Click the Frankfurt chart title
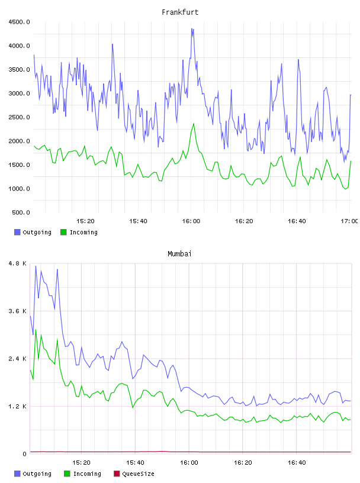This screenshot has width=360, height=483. (x=180, y=12)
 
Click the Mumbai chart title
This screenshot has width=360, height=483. (x=179, y=254)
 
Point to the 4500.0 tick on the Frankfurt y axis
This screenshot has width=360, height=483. (x=20, y=22)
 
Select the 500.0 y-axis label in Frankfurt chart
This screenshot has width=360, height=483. (x=21, y=212)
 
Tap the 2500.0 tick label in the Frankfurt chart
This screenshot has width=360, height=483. (x=20, y=117)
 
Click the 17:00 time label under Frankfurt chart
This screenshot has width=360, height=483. (x=349, y=221)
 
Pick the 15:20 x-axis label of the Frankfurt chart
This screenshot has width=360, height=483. (x=85, y=221)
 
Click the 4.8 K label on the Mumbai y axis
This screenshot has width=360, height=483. (x=18, y=263)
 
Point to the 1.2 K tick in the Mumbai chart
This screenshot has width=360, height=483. (x=18, y=407)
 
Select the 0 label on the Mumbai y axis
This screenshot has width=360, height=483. (x=25, y=454)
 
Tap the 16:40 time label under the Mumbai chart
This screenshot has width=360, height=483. (x=297, y=463)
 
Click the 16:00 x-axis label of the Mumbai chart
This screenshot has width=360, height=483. (x=189, y=463)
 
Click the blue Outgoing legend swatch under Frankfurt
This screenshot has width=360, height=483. (x=17, y=232)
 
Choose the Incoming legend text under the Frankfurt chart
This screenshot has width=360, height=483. (x=83, y=233)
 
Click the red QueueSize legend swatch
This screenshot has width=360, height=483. (x=117, y=474)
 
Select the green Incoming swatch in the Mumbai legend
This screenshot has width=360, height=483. (x=67, y=474)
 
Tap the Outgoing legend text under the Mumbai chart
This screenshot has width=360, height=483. (x=37, y=474)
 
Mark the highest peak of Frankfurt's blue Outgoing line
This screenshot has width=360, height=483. (x=192, y=28)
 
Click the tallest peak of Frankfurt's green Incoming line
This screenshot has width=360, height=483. (x=194, y=124)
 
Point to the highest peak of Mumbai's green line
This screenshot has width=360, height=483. (x=36, y=330)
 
